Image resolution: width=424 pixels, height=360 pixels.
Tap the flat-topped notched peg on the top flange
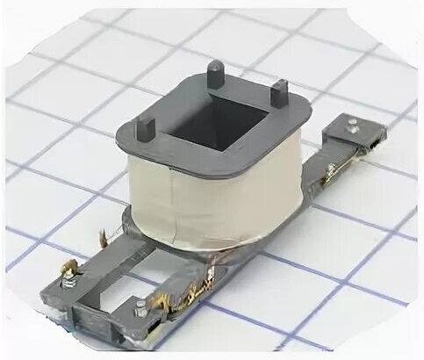278,90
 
